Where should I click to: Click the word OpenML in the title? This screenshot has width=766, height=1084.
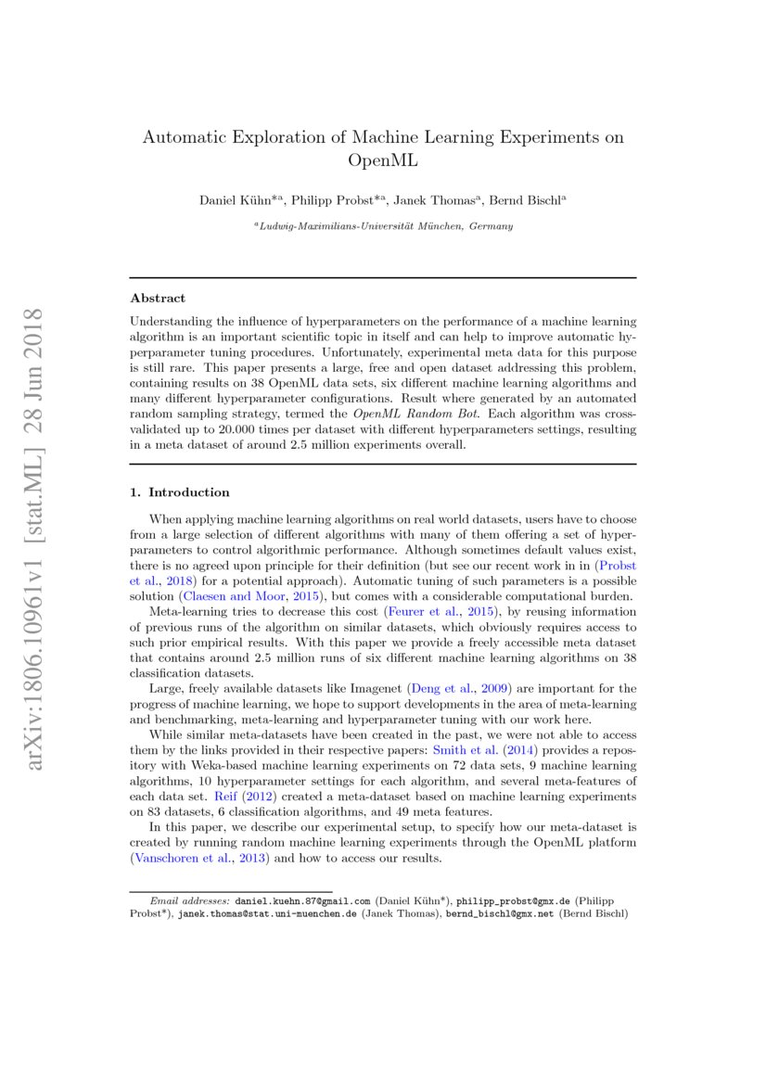(383, 160)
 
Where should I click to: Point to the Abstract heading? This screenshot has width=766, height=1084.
(158, 299)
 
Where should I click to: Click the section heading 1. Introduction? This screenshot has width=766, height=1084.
(180, 492)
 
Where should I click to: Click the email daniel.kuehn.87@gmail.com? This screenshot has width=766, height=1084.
(302, 900)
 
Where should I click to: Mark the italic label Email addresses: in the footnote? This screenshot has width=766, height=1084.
(189, 900)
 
